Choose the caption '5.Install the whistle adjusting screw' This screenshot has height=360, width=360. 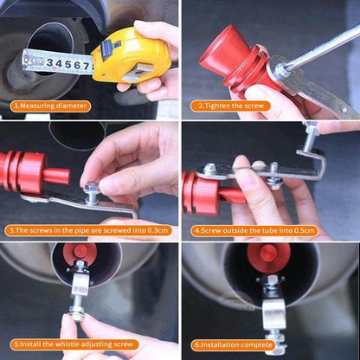click(x=71, y=344)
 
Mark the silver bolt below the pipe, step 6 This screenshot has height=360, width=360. click(x=274, y=312)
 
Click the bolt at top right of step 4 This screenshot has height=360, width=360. click(x=310, y=132)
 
